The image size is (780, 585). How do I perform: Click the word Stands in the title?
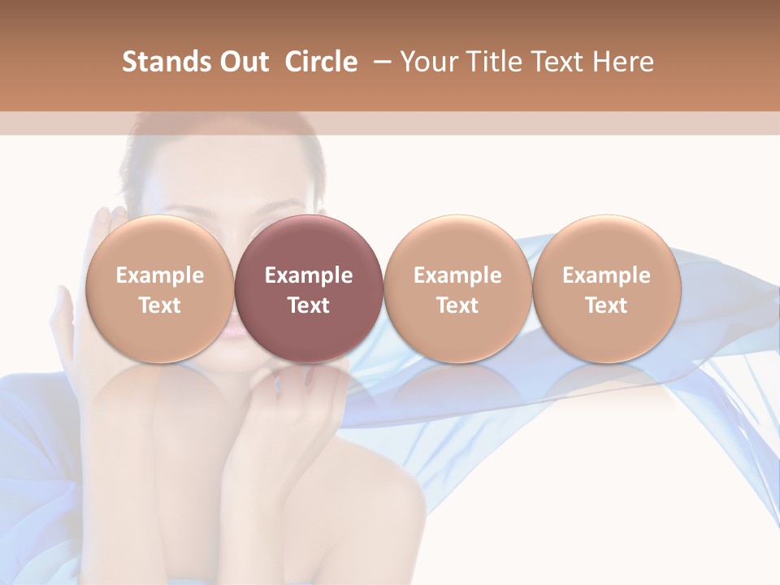165,62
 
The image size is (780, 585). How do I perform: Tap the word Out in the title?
242,62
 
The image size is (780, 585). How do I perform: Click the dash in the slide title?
380,62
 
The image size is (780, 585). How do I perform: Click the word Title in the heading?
496,62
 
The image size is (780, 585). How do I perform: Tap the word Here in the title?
623,62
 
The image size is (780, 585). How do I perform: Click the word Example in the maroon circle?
309,275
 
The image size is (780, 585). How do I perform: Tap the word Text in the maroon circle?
309,305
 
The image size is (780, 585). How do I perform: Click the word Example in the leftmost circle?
160,275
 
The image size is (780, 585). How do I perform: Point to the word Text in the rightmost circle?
606,305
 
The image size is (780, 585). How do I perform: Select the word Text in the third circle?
457,305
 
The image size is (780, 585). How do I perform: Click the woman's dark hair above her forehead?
219,142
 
